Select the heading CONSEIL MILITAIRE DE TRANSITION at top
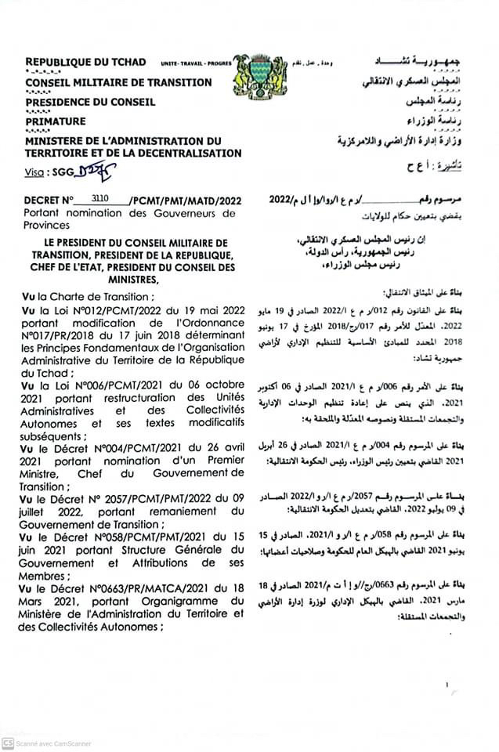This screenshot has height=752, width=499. (x=118, y=81)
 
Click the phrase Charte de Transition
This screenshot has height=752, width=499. (x=99, y=296)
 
